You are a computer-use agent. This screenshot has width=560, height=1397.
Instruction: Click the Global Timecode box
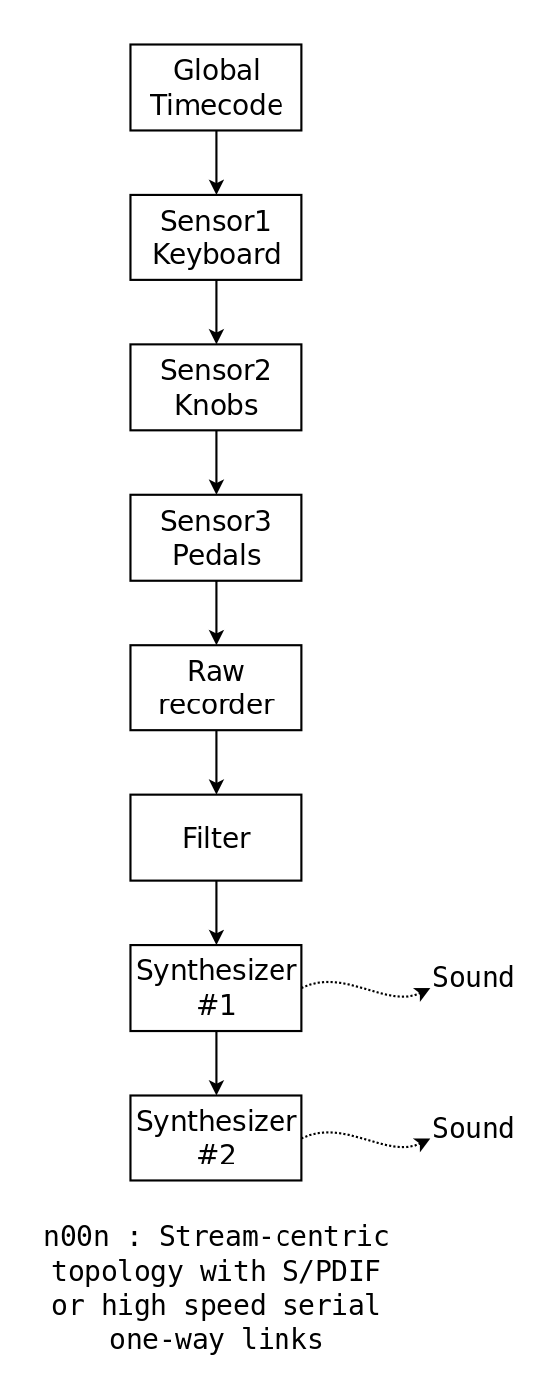216,88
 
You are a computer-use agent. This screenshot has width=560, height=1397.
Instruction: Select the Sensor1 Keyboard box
216,237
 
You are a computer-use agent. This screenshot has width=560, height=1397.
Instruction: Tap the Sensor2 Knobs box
216,387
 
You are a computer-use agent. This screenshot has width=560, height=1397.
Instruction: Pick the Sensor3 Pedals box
216,538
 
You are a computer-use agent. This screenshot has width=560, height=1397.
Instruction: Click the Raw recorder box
216,688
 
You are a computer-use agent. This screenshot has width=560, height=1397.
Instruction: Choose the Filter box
216,837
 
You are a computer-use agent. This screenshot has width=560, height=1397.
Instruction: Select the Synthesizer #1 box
216,988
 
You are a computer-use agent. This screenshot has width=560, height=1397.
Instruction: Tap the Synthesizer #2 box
216,1138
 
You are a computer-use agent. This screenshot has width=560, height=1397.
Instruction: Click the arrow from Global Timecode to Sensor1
216,162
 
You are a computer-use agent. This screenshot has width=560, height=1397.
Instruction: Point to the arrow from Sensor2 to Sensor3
216,462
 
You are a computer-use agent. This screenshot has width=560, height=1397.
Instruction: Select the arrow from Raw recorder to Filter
216,762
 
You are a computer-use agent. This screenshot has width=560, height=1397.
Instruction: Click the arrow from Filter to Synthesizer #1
216,912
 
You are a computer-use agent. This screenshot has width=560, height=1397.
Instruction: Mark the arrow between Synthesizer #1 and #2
216,1063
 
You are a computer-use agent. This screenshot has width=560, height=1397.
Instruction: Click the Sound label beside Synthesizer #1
473,977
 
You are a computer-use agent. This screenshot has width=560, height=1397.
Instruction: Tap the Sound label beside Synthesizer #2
473,1128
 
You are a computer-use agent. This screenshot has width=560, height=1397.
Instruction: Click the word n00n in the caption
76,1237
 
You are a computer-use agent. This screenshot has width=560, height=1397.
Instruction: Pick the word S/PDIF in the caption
331,1271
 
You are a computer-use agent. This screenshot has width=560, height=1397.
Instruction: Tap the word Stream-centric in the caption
275,1237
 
